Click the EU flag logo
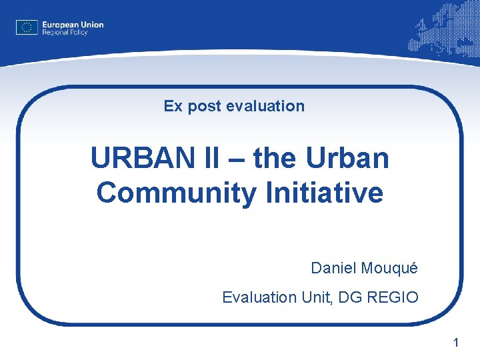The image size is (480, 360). point(27,27)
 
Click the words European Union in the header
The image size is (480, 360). point(73,25)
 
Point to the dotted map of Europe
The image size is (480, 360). point(444,31)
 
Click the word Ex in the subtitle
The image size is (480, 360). point(173,106)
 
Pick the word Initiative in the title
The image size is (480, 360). point(325,193)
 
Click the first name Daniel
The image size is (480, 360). point(333,269)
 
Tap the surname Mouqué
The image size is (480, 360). point(389,269)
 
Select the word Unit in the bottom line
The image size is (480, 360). point(315,297)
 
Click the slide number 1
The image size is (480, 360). point(456,343)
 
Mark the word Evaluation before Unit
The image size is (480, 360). point(260,297)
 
